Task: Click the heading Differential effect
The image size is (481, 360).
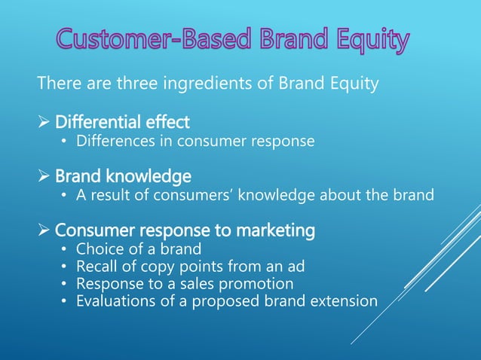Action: point(122,121)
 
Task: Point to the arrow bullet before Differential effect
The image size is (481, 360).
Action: point(44,121)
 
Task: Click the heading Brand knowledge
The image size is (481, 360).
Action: point(123,176)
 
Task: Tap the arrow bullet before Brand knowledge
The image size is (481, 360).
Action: point(44,176)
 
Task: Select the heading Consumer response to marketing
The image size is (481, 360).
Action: point(185,231)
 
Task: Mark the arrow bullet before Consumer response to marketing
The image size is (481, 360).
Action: point(44,231)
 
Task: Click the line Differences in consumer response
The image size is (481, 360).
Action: point(195,140)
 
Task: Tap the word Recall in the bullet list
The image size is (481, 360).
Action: point(97,267)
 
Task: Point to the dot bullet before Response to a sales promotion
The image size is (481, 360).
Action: point(64,285)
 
